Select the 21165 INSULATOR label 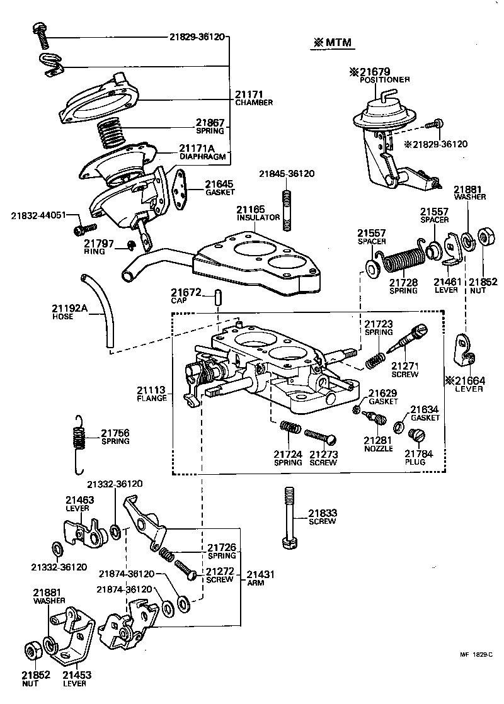point(258,213)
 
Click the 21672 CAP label point(186,296)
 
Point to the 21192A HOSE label point(70,312)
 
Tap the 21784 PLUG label point(415,457)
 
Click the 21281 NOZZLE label point(378,443)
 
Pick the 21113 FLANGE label point(152,394)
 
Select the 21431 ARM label point(261,578)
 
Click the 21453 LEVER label point(74,678)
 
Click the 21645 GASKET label point(220,187)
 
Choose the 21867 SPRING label point(209,126)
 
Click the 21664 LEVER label point(469,383)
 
